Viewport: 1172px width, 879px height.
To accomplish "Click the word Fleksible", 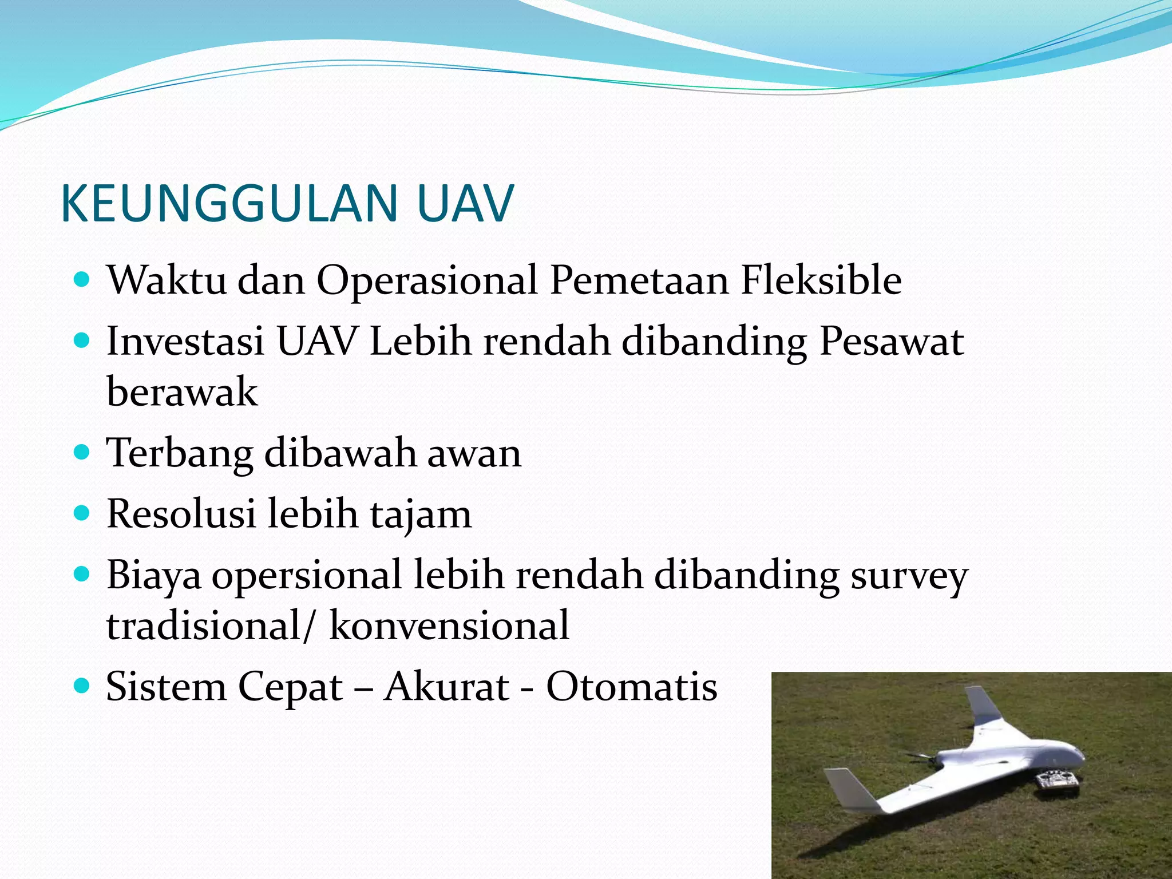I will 821,280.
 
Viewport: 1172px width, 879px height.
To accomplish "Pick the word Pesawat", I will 892,342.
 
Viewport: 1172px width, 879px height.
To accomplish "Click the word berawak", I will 182,392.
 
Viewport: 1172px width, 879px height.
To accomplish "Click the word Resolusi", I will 181,514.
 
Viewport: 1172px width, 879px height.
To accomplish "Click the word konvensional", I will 449,625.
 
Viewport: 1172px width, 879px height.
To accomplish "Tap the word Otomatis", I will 631,686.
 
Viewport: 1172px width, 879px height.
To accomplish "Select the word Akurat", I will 446,686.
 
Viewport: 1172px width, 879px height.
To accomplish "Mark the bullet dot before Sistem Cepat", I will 82,684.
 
